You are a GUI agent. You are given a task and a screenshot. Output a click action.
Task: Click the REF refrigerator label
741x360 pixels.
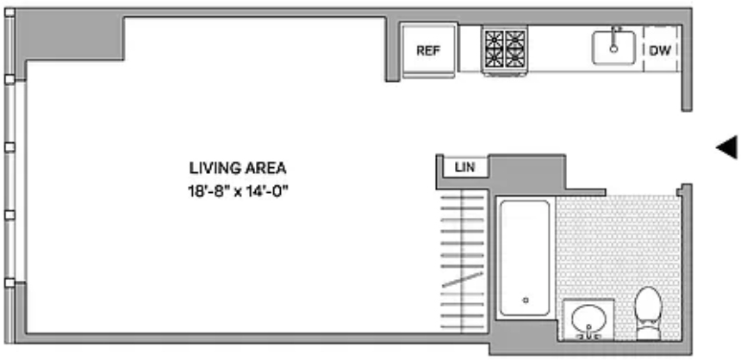coord(428,51)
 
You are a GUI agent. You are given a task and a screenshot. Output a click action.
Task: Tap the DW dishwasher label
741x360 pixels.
coord(660,50)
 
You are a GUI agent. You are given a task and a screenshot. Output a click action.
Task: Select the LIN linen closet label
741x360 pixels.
coord(464,167)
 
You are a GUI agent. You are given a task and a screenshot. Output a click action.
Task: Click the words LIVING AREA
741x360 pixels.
coord(238,168)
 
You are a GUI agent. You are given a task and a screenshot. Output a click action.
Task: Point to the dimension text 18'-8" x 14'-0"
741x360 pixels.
coord(238,192)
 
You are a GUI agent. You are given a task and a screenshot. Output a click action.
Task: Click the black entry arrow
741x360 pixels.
coord(726,148)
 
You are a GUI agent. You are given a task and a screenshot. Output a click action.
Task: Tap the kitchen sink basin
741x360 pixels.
coord(613,47)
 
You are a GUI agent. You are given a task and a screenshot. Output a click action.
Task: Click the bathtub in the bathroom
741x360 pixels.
coord(525,258)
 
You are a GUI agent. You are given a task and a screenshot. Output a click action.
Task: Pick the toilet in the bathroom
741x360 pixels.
coord(648,313)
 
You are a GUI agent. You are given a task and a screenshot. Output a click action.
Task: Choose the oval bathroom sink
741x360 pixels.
coord(588,318)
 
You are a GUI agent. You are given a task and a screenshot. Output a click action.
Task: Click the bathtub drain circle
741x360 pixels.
coord(525,300)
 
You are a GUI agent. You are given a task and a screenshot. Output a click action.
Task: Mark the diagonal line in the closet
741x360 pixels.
coord(462,279)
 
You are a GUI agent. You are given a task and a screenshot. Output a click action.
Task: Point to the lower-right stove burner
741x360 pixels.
coord(515,58)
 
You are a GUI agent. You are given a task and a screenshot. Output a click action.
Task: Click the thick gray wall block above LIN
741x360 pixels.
coord(527,172)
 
